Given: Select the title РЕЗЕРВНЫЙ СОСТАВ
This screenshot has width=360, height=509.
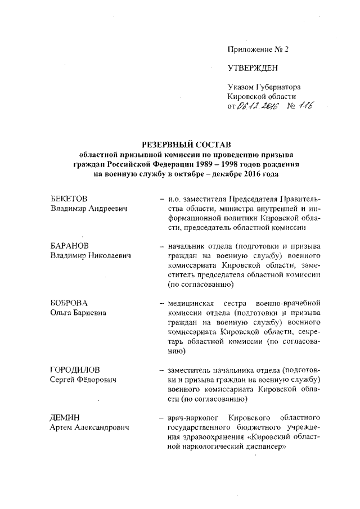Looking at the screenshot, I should coord(186,145).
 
